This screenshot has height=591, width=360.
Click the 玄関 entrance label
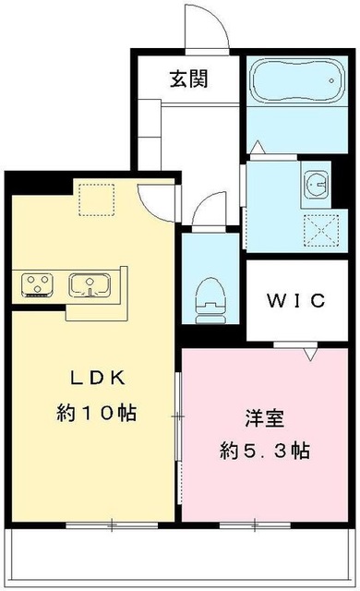point(187,79)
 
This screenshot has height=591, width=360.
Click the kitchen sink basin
point(90,283)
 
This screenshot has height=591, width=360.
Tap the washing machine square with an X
point(319,228)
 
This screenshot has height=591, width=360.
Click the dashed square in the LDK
point(95,199)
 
